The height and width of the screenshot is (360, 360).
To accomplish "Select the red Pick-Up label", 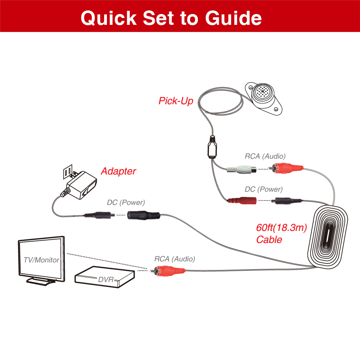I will coord(176,101).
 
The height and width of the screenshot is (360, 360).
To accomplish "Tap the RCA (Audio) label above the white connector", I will coord(265,156).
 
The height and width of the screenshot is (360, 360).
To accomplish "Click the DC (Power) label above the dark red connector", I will coord(264,189).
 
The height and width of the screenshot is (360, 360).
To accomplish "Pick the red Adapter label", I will coord(118,171).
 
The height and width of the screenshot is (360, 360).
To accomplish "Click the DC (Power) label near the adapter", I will coord(126,202).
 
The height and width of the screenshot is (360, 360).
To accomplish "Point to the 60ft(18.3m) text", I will coord(281,228).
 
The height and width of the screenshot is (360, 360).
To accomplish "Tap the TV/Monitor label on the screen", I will coord(41,260).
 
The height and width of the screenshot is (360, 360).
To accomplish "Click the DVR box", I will coord(104,277).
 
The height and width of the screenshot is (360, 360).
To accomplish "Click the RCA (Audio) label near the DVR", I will coord(175,258).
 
